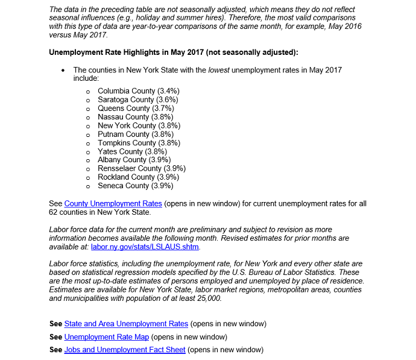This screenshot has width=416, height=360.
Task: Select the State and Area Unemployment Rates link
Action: [x=126, y=324]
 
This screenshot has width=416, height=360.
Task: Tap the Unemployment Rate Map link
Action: [x=106, y=336]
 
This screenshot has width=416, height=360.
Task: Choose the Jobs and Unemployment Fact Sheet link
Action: [x=125, y=350]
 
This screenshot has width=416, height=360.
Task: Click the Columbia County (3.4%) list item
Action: [x=138, y=90]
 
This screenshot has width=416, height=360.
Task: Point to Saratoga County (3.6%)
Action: [x=137, y=99]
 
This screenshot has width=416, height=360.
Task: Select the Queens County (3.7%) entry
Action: [x=136, y=108]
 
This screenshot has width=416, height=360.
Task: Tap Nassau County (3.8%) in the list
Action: [x=135, y=117]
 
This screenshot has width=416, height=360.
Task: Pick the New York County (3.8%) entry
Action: [x=139, y=125]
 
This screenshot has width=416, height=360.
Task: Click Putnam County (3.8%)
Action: [x=136, y=134]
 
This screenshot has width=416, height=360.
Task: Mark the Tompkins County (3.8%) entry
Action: [x=139, y=143]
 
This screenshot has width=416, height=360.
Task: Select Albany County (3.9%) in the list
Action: [x=134, y=160]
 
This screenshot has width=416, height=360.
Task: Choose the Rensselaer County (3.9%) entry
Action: [x=141, y=168]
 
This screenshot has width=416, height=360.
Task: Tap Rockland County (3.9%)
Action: [x=138, y=177]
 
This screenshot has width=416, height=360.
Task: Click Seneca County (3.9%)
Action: [x=135, y=186]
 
